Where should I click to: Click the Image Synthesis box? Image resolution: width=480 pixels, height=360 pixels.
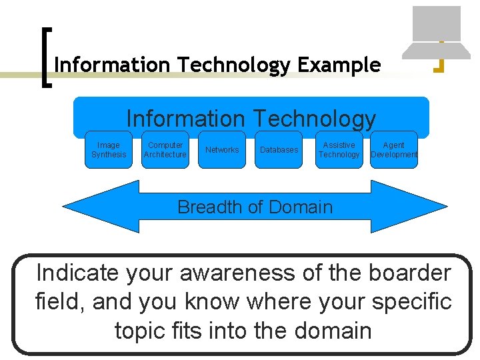pos(109,150)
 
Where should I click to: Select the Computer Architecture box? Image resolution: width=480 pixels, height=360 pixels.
pos(165,150)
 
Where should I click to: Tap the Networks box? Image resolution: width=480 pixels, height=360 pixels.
pos(222,150)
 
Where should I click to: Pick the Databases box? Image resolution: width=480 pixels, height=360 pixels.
pos(279,150)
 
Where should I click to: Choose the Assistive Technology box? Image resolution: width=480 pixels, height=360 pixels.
pos(339,150)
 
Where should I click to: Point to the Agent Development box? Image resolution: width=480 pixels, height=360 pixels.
pos(393,150)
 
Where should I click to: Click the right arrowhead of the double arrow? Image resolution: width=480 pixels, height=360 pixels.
pos(413,207)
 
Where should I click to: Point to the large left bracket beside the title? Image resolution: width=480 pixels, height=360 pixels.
pos(46,57)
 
